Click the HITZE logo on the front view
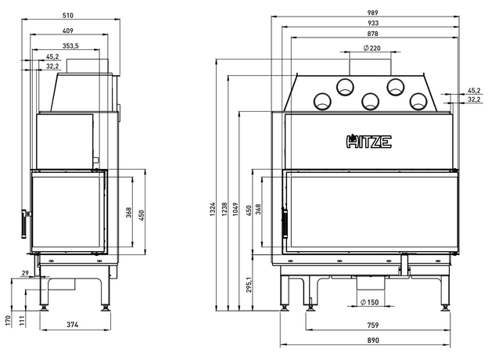368,142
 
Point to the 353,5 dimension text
70,47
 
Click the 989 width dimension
368,13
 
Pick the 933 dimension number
368,24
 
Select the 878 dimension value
368,35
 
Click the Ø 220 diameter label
371,49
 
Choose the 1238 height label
224,207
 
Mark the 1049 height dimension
236,207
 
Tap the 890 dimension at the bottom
371,340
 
